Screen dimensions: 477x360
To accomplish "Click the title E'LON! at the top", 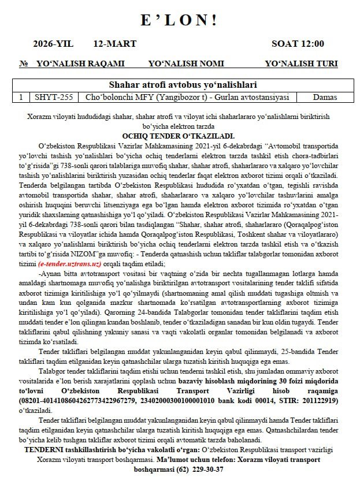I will [x=179, y=20].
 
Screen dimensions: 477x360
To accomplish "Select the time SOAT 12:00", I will [x=298, y=44].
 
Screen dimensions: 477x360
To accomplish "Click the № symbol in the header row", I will [x=24, y=64].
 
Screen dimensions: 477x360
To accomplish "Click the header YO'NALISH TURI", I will [x=301, y=64].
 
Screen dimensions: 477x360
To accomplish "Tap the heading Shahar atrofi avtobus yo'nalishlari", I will [x=179, y=84].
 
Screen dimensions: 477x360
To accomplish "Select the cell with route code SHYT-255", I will [x=54, y=97].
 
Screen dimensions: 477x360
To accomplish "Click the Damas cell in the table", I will [x=324, y=97].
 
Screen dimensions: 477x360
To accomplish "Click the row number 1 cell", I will [x=21, y=97].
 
